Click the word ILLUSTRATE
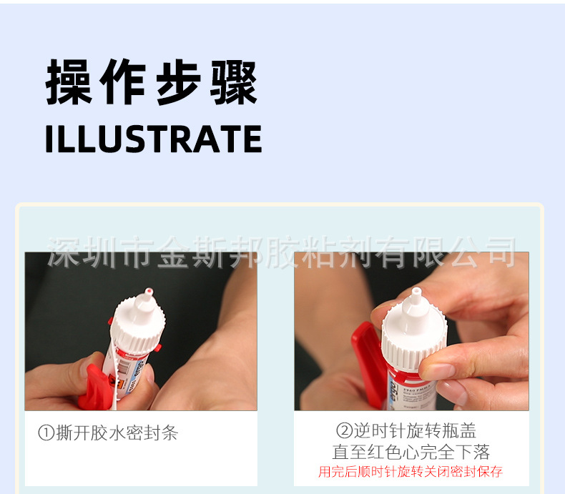click(x=153, y=139)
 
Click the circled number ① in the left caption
click(x=46, y=433)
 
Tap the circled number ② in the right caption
click(x=345, y=431)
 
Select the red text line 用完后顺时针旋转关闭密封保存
click(x=411, y=472)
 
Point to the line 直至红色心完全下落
click(x=411, y=452)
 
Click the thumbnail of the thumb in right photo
click(x=438, y=372)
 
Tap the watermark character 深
click(x=64, y=252)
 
